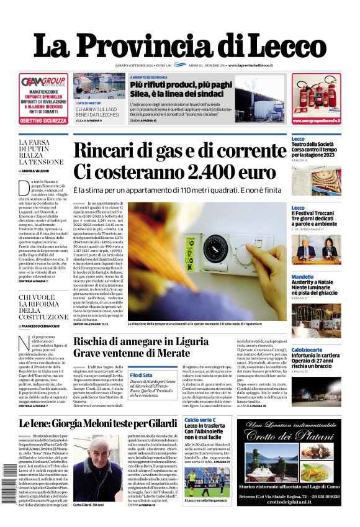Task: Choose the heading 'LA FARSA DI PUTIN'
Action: coord(40,144)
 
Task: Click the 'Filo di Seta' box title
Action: coord(141,375)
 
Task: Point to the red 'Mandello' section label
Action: coord(302,277)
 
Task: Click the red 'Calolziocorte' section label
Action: coord(307,349)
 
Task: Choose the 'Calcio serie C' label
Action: coord(200,420)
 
